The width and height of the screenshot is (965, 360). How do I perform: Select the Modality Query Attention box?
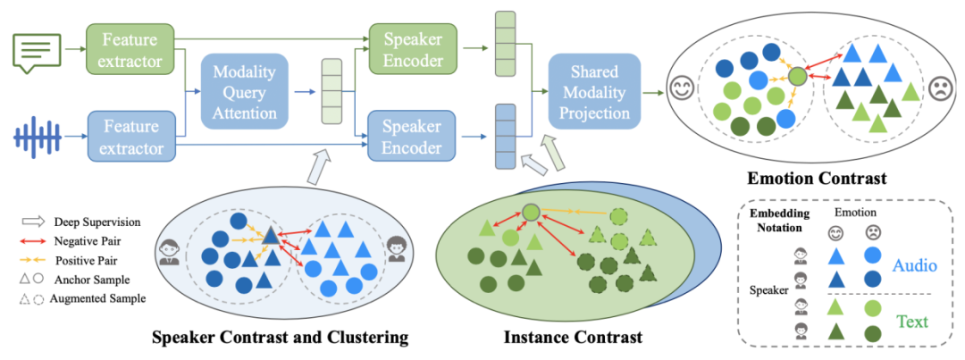point(245,92)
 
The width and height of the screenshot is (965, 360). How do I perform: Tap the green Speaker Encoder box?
point(413,50)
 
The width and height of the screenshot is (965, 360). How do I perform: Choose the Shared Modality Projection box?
point(594,92)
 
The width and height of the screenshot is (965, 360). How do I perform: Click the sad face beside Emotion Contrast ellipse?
point(938,89)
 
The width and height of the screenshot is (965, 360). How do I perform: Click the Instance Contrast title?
point(573,337)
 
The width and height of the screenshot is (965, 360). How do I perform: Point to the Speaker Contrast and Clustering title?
point(280,337)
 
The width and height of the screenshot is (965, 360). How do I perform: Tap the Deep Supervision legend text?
point(92,222)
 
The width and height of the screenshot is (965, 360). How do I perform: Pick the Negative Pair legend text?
point(87,241)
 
